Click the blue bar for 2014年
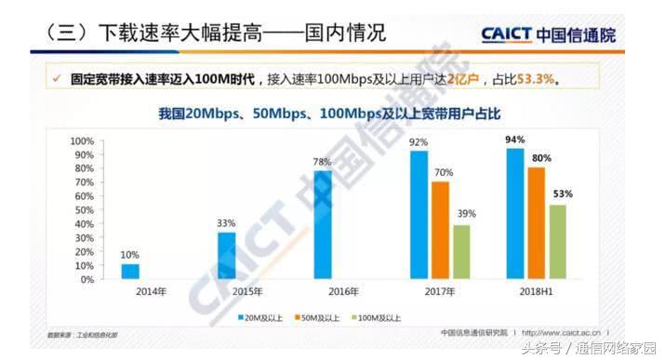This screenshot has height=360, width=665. tap(130, 272)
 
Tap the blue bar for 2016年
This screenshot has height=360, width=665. tap(322, 224)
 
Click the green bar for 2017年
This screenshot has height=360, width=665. tap(462, 251)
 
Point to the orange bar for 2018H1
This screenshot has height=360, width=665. tap(537, 223)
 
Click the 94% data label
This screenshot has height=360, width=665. tap(514, 140)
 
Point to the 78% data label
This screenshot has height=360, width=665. tap(322, 162)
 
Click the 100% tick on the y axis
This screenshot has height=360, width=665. tap(81, 140)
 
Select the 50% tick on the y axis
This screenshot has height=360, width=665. tap(83, 210)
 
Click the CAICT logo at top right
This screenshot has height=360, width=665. tap(548, 35)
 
